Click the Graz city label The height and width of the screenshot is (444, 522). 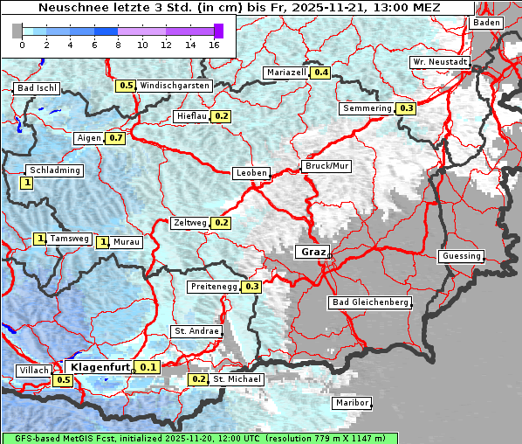click(x=313, y=252)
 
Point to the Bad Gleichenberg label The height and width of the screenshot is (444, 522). click(x=370, y=302)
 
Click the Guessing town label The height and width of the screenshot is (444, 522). click(x=461, y=256)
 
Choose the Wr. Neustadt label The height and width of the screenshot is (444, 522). click(x=440, y=63)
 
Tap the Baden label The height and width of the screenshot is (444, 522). click(x=485, y=22)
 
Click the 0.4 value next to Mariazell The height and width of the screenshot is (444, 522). click(x=320, y=73)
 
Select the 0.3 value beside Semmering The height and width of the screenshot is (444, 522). click(x=406, y=108)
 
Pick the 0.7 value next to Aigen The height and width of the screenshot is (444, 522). click(x=116, y=138)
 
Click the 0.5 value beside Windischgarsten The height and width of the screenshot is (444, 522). click(x=127, y=86)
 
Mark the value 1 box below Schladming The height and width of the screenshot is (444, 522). click(x=27, y=183)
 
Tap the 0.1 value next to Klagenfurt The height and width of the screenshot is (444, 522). click(x=148, y=367)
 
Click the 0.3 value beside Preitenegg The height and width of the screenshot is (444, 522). click(x=252, y=286)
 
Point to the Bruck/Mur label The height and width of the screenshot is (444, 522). click(x=326, y=165)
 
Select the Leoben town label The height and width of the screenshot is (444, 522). click(x=251, y=173)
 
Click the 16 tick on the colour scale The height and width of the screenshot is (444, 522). click(x=215, y=44)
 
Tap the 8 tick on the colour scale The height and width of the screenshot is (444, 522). click(x=118, y=44)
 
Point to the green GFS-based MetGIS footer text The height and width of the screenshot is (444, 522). click(x=199, y=438)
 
